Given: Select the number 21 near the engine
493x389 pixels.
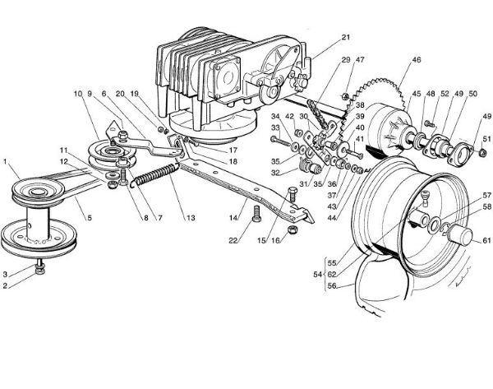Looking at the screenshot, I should [x=346, y=37].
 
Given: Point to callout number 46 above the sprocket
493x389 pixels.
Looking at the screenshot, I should [x=416, y=61].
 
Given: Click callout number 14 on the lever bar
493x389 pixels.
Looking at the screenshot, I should [x=234, y=219].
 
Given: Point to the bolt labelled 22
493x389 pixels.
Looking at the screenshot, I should [x=256, y=215].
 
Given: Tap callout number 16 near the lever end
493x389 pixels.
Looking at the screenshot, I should [x=276, y=241].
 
